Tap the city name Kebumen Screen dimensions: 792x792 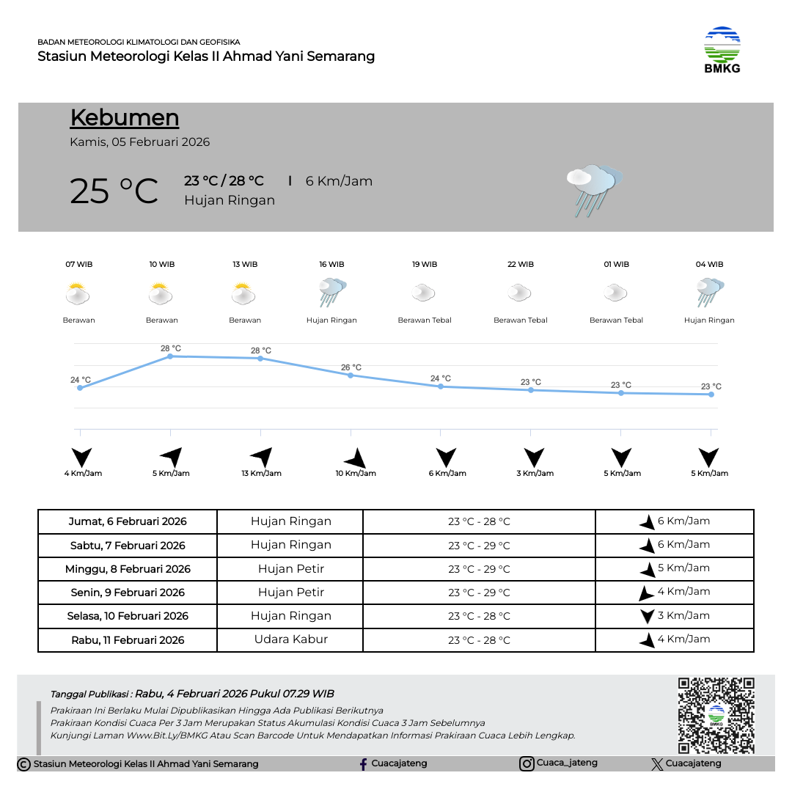[x=125, y=118]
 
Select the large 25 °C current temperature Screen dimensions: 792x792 [x=114, y=191]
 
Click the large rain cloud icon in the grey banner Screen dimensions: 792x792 [x=593, y=190]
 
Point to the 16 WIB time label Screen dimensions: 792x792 [x=331, y=265]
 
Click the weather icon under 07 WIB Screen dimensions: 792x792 [x=78, y=295]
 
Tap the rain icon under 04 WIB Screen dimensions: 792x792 [x=710, y=293]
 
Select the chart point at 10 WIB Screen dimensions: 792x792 [x=170, y=356]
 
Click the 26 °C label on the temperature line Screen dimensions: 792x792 [x=351, y=367]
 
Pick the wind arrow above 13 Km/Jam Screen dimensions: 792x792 [x=262, y=457]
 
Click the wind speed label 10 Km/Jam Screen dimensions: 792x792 [x=356, y=474]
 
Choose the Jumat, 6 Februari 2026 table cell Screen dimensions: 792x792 [x=128, y=522]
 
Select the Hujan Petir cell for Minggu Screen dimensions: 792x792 [x=290, y=569]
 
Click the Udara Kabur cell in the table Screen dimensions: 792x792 [x=290, y=639]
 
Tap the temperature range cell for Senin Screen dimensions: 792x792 [x=479, y=593]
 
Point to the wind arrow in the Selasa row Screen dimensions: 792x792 [x=647, y=616]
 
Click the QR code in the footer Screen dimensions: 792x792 [x=716, y=715]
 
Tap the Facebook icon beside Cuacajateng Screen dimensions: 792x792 [x=363, y=764]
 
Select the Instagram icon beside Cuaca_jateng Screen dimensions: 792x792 [x=527, y=764]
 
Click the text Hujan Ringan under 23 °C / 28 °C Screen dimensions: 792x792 [x=230, y=200]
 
